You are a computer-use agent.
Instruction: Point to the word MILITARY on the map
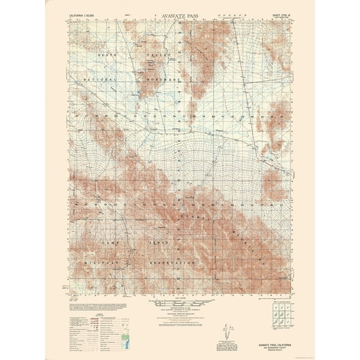94,263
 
